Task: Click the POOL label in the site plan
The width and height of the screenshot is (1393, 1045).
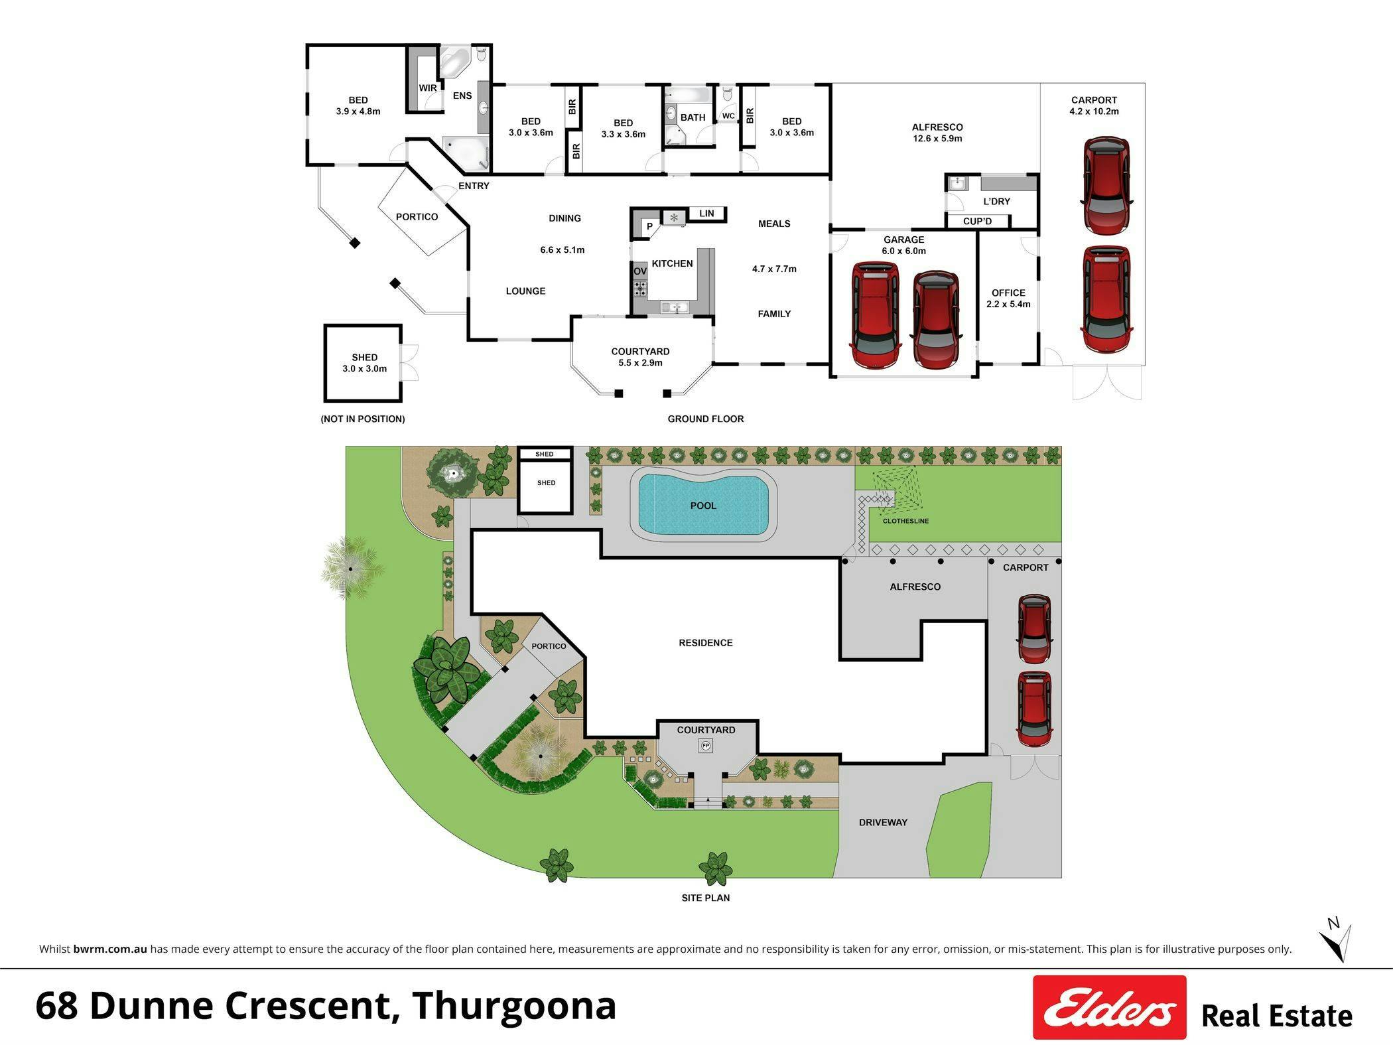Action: pos(703,506)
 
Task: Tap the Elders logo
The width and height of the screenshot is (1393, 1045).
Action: pos(1109,1007)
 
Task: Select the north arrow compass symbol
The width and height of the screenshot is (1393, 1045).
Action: pos(1335,939)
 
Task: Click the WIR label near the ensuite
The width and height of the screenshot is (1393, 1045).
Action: pos(428,88)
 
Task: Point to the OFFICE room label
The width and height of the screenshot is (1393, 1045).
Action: pos(1008,293)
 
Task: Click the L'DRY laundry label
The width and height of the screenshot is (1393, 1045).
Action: pos(996,201)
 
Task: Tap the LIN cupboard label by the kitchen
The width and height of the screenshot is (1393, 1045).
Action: pos(706,213)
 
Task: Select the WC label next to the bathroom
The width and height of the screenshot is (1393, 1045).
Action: pos(728,116)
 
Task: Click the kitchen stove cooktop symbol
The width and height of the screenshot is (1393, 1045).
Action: pos(640,287)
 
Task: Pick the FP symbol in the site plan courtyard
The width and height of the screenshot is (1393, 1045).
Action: pos(706,746)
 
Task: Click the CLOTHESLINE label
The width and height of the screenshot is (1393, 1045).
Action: pos(905,521)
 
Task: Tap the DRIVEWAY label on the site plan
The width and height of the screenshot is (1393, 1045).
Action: pos(883,822)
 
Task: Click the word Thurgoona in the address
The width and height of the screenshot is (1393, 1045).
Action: pos(514,1005)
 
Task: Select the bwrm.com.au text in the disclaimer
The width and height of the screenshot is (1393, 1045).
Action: pos(110,949)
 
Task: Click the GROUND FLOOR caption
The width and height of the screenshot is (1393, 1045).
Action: pos(706,419)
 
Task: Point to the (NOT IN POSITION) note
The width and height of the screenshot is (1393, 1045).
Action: pos(363,419)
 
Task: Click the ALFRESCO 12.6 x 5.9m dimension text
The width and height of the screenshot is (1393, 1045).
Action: pos(937,139)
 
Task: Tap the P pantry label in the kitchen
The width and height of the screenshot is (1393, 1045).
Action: pos(650,227)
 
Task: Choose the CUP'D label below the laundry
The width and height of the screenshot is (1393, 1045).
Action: pos(977,221)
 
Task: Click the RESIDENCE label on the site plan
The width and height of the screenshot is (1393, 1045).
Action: pos(706,642)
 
